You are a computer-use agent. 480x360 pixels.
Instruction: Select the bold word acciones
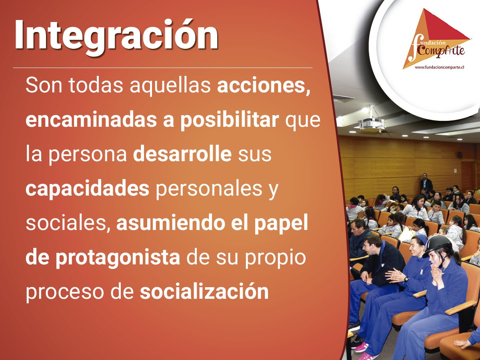(264, 86)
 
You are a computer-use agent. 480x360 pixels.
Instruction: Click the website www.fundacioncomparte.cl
(439, 68)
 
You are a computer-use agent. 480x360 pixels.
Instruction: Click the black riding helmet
(437, 243)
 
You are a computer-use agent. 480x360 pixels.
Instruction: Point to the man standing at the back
(426, 183)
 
